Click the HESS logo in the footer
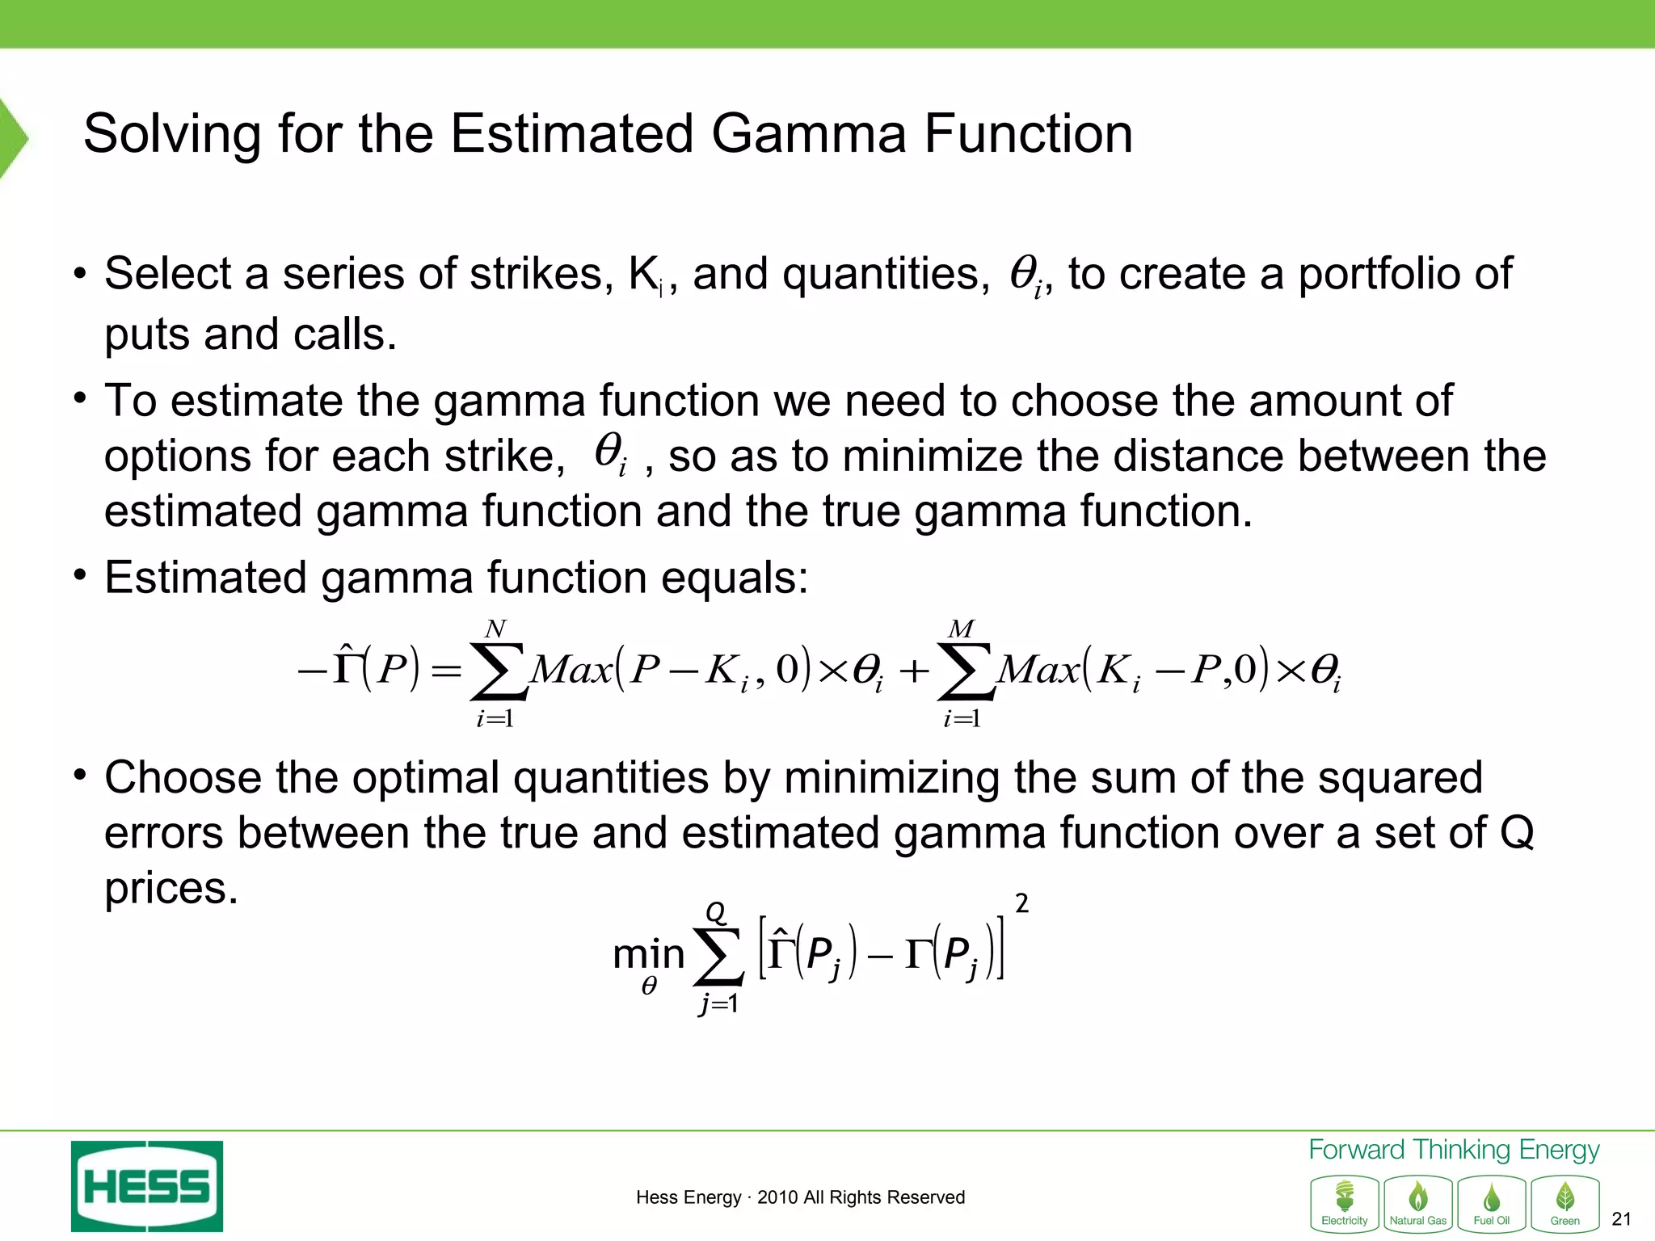pos(146,1185)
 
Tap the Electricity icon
pos(1344,1204)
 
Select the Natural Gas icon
pos(1417,1204)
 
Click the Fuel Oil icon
pos(1491,1204)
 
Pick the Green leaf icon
pos(1564,1204)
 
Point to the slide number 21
pos(1621,1219)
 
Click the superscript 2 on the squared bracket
pos(1021,903)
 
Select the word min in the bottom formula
pos(648,954)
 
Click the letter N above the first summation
pos(495,629)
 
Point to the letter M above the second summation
pos(962,629)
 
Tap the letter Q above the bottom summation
pos(716,913)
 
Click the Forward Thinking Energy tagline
pos(1453,1150)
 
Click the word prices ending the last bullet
pos(171,890)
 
